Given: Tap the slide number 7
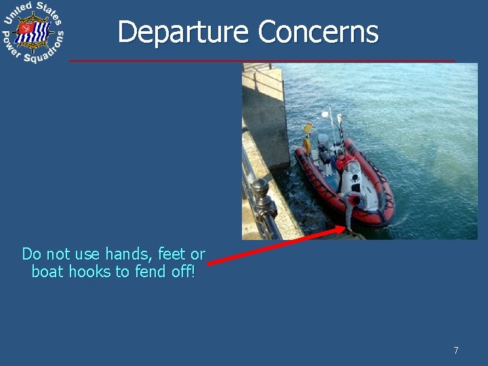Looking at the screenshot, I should (x=455, y=350).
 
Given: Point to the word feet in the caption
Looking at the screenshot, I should (x=172, y=254).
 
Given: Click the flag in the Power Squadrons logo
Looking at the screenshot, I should (x=33, y=31).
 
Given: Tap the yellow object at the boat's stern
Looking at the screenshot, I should (x=307, y=129).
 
